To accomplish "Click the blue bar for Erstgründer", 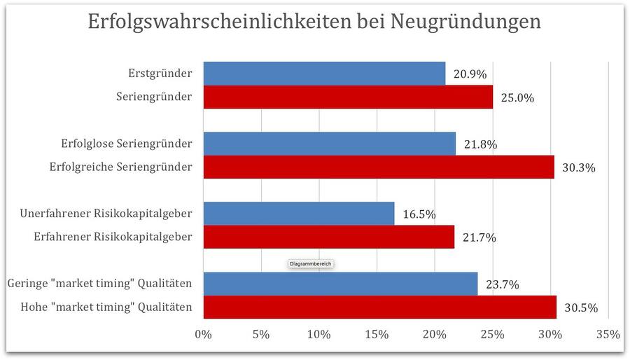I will pos(324,74).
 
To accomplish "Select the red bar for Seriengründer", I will pos(348,97).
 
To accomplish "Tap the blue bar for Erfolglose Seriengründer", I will pos(329,144).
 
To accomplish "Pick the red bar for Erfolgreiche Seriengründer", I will pos(379,167).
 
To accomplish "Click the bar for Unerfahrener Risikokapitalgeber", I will pos(299,214).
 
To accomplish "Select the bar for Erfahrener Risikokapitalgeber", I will pos(329,237).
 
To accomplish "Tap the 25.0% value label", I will pos(517,98).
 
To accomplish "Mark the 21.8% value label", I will pos(480,145).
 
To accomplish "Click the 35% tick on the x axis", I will pos(608,335).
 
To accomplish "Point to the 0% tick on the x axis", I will pos(203,335).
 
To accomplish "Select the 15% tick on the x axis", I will pos(377,335).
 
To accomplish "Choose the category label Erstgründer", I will pos(160,74).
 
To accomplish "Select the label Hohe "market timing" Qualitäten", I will pos(106,307).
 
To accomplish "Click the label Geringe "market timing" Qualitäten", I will pos(99,284).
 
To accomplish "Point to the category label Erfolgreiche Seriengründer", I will pos(121,167).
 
